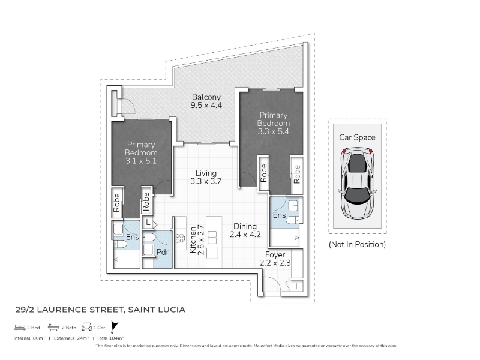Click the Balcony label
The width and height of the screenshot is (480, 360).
click(206, 97)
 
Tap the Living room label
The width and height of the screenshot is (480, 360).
click(206, 173)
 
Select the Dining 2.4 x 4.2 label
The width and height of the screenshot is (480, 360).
click(245, 230)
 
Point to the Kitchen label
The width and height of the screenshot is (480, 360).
click(193, 240)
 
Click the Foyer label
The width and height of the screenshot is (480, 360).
click(275, 254)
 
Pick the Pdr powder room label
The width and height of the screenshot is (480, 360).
click(163, 252)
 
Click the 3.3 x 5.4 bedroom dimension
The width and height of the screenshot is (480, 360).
click(273, 131)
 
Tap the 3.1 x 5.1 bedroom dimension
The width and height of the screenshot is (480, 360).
click(141, 161)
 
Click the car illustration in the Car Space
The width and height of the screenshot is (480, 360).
click(357, 184)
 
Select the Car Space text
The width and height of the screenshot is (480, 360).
click(357, 137)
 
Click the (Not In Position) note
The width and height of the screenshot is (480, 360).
click(357, 244)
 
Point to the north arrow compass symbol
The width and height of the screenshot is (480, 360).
click(114, 326)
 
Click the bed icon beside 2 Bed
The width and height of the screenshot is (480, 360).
click(20, 327)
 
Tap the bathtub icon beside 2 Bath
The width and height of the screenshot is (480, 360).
click(53, 327)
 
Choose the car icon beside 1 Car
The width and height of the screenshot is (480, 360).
click(86, 326)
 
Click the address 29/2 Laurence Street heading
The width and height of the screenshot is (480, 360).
click(100, 310)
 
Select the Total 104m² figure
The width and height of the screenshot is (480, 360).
click(110, 338)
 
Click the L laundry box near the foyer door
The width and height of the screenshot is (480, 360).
click(297, 287)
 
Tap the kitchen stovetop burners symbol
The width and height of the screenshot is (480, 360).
click(180, 238)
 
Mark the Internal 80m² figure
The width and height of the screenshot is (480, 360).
click(29, 338)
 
